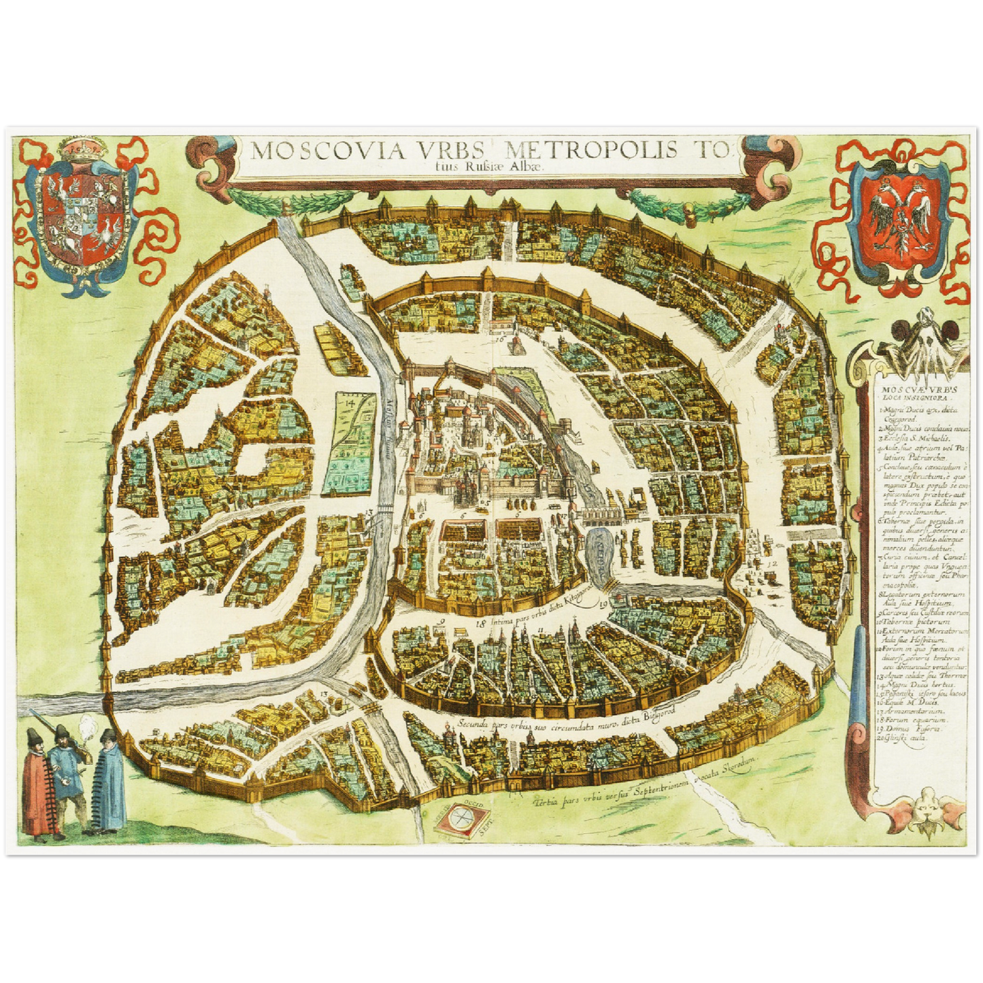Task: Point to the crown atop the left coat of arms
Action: click(x=84, y=149)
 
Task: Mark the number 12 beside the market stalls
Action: click(x=771, y=563)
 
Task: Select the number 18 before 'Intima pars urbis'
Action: click(x=481, y=620)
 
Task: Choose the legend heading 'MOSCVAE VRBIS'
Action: click(x=909, y=392)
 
